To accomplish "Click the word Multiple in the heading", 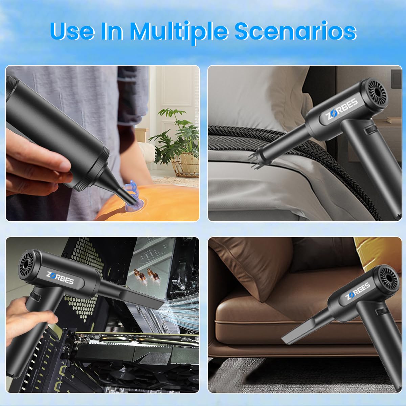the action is (x=179, y=32).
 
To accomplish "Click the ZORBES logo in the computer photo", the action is (x=60, y=278).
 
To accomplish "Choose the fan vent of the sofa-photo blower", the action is (x=388, y=278).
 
